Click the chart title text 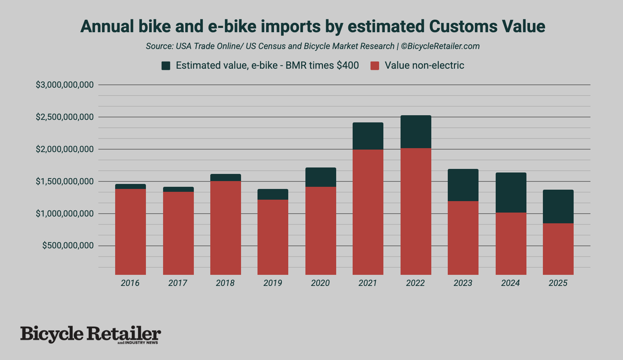pos(313,26)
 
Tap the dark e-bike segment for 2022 pos(416,132)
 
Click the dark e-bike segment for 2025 pos(558,206)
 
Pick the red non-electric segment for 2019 pos(273,237)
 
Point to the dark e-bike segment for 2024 pos(511,193)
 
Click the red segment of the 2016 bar pos(130,232)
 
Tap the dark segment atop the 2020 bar pos(320,177)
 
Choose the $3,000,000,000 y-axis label pos(65,85)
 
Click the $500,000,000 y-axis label pos(68,245)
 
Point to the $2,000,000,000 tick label pos(65,149)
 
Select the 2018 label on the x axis pos(225,283)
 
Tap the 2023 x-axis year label pos(463,283)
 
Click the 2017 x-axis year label pos(177,283)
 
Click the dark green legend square pos(166,65)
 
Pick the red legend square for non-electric pos(374,65)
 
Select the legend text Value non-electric pos(424,65)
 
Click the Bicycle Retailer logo pos(90,334)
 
